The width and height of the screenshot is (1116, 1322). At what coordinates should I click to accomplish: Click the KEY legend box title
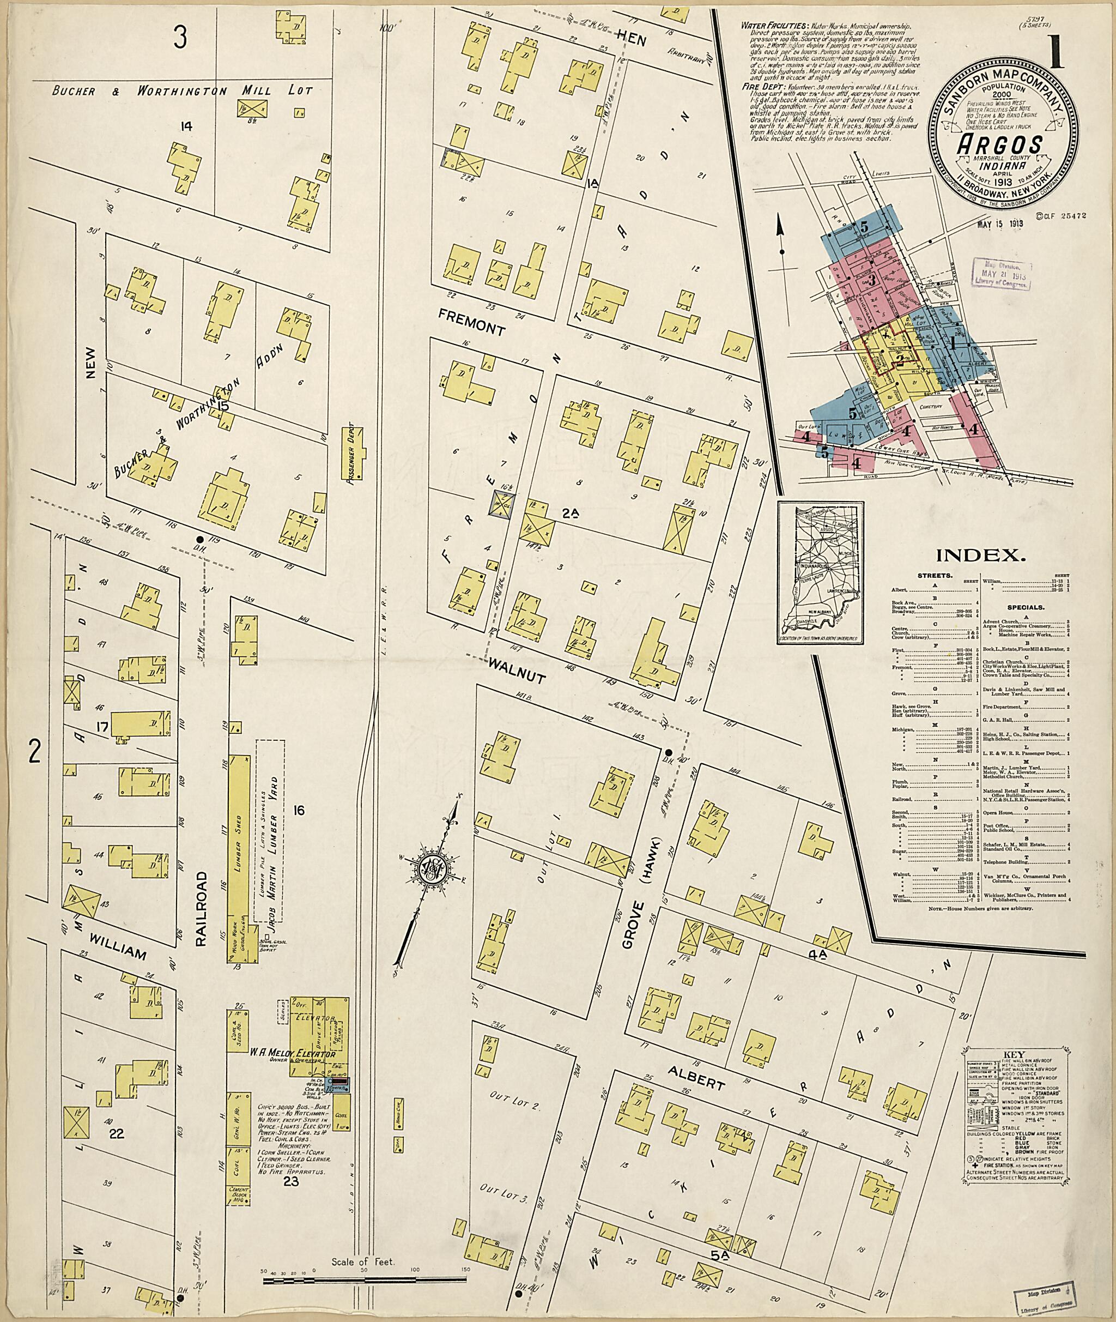[1018, 1056]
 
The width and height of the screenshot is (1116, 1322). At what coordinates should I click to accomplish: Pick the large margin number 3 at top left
[181, 39]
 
